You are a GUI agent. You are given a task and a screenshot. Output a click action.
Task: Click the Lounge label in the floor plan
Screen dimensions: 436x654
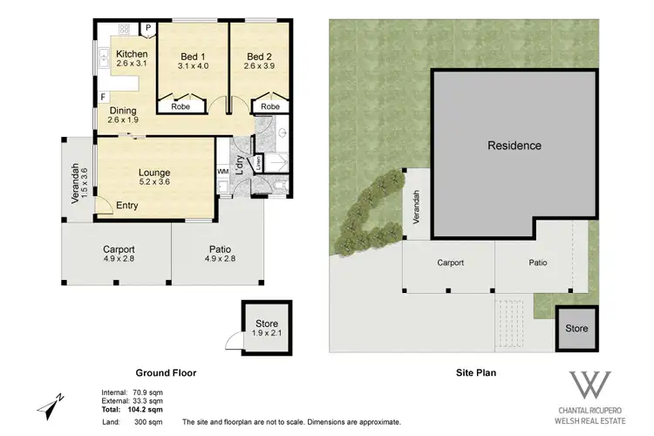pyautogui.click(x=154, y=173)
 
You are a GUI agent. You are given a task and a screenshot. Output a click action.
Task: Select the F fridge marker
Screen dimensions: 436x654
pyautogui.click(x=103, y=97)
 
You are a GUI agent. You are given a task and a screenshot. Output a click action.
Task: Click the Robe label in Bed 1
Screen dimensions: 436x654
pyautogui.click(x=181, y=106)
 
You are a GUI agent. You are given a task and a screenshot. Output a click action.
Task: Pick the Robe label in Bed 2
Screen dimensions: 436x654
pyautogui.click(x=269, y=106)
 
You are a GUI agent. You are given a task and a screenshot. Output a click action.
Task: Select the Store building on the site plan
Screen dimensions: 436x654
pyautogui.click(x=576, y=328)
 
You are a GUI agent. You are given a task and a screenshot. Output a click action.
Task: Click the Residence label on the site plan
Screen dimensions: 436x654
pyautogui.click(x=514, y=146)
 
